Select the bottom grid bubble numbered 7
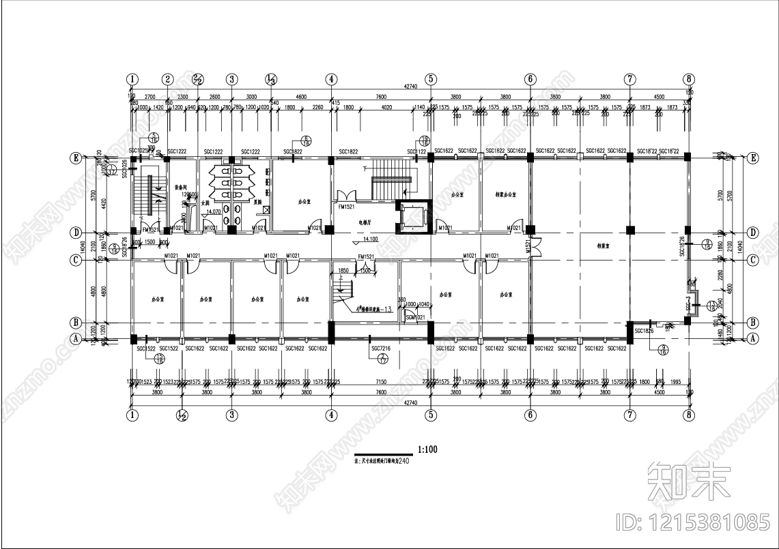629,414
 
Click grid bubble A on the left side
77,338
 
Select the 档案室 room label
604,246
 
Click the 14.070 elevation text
213,212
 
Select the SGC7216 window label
381,348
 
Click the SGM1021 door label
414,317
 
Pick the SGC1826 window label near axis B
644,331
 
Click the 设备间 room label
182,186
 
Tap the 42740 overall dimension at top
410,87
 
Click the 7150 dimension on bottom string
381,383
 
